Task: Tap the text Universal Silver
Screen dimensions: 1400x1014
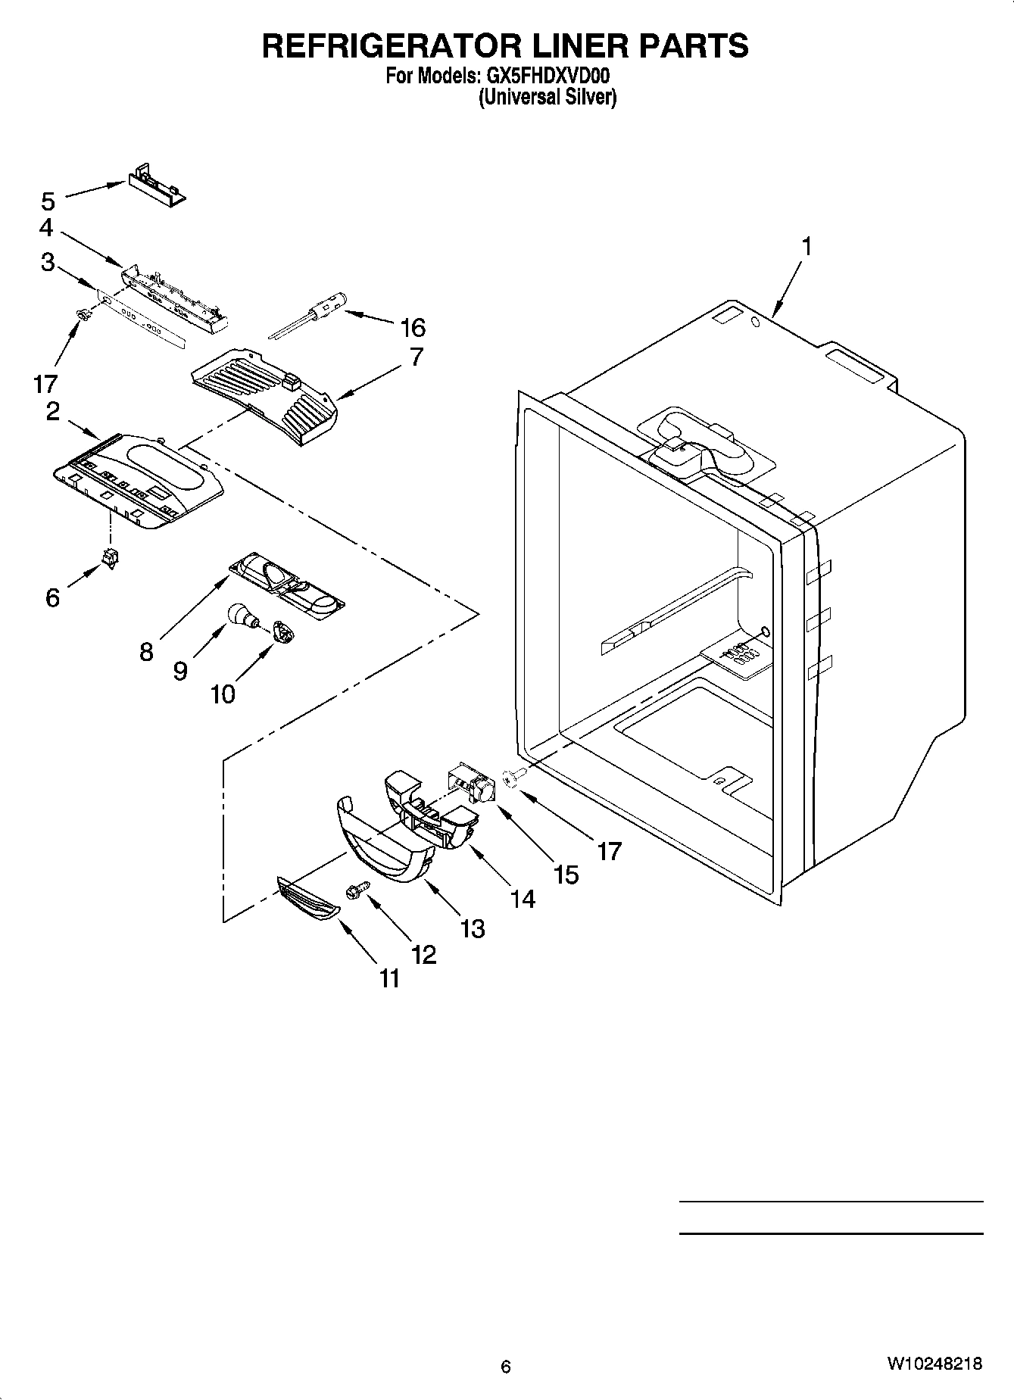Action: point(547,98)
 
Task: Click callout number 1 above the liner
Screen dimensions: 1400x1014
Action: point(807,247)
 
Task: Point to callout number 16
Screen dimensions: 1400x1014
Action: point(413,328)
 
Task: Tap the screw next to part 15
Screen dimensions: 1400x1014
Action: point(510,777)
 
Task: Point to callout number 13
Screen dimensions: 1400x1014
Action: point(473,928)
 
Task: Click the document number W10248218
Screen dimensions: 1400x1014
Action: point(934,1364)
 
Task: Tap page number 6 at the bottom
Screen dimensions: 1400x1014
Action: point(506,1367)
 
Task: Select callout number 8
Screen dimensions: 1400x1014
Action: point(147,652)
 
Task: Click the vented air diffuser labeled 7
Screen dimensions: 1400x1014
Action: point(265,394)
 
